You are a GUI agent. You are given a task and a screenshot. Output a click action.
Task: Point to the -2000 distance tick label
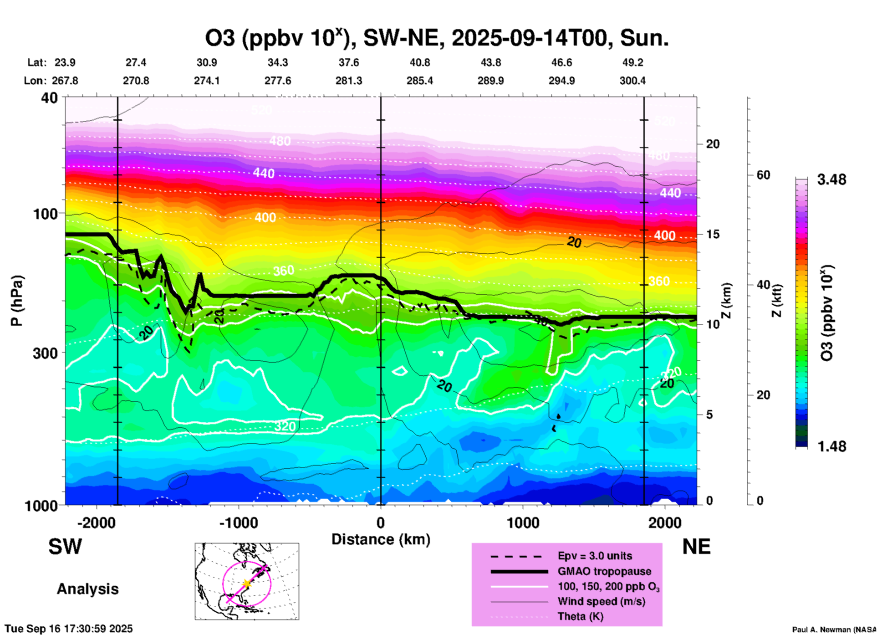click(97, 522)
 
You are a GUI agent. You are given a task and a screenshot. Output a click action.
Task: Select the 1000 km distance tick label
click(523, 522)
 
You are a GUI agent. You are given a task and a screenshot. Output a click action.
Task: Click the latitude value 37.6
click(348, 62)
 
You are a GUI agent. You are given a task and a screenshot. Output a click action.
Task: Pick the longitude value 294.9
click(561, 81)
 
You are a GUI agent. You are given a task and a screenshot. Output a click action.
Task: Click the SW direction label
click(65, 547)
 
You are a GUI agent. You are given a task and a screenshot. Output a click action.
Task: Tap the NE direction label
click(696, 547)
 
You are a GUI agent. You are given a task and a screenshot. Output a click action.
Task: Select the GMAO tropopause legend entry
click(604, 571)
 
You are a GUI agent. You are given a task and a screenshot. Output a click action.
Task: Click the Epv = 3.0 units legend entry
click(595, 556)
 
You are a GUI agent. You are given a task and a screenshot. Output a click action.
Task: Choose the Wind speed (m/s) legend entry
click(601, 601)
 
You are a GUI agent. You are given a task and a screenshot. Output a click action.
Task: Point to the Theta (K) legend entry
click(581, 616)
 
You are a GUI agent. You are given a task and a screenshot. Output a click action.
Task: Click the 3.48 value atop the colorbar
click(831, 180)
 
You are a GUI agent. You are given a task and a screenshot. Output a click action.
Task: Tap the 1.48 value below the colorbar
click(831, 446)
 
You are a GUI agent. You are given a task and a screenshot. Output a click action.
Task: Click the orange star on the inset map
click(247, 584)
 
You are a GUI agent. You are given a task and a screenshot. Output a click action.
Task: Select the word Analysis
click(87, 589)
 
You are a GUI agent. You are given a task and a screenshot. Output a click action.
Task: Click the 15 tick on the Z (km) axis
click(713, 234)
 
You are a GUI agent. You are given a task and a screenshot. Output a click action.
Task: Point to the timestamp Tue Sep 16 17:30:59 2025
click(69, 629)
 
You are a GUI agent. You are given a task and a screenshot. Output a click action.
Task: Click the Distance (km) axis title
click(381, 539)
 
